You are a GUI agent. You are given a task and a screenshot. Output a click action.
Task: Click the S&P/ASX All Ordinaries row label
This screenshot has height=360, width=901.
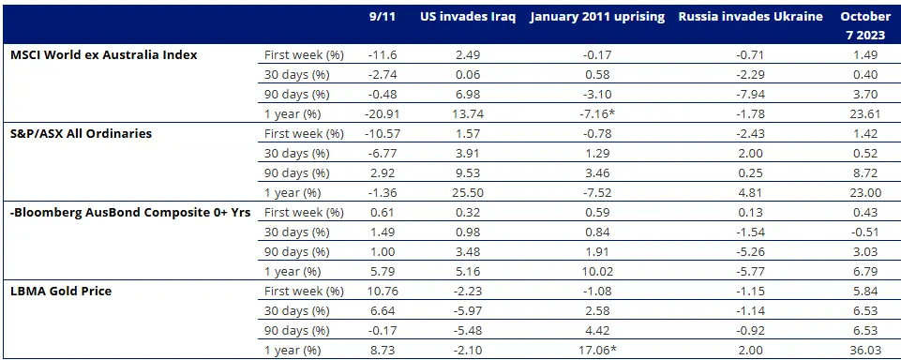pos(80,133)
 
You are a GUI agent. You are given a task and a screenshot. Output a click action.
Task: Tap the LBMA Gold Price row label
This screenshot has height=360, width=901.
pos(60,291)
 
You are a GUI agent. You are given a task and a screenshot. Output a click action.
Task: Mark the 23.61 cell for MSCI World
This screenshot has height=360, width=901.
pos(860,113)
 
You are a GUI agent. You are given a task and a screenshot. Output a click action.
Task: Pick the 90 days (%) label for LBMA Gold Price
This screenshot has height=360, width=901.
pos(296,330)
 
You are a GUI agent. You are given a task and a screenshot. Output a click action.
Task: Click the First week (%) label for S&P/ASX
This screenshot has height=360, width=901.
pos(304,133)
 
